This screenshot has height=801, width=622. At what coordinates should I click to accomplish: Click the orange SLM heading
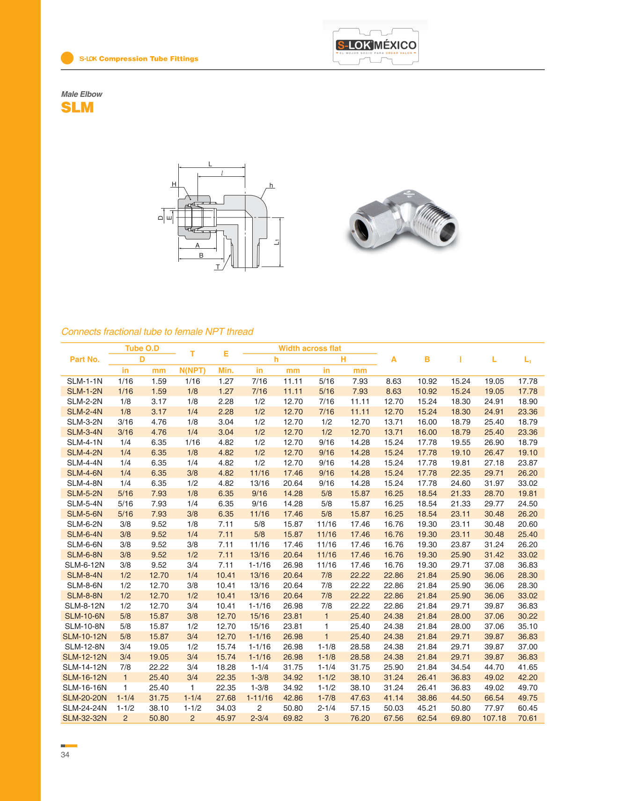pyautogui.click(x=77, y=108)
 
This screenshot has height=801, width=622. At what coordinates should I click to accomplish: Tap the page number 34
pyautogui.click(x=65, y=755)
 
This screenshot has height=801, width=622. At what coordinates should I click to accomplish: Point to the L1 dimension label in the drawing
pyautogui.click(x=277, y=242)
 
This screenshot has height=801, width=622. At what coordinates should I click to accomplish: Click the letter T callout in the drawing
pyautogui.click(x=218, y=267)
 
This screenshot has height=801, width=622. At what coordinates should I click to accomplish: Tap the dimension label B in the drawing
pyautogui.click(x=201, y=255)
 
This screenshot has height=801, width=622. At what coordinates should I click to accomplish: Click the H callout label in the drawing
pyautogui.click(x=174, y=184)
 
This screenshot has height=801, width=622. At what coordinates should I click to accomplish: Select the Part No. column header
pyautogui.click(x=85, y=359)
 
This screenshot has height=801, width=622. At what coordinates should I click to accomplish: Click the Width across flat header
pyautogui.click(x=310, y=348)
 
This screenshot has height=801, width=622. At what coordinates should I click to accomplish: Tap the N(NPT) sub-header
pyautogui.click(x=192, y=370)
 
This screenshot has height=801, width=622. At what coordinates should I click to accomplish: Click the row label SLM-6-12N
pyautogui.click(x=85, y=565)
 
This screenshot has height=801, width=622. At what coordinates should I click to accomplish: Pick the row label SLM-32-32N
pyautogui.click(x=85, y=718)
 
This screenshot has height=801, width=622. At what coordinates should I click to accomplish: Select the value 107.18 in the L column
pyautogui.click(x=494, y=718)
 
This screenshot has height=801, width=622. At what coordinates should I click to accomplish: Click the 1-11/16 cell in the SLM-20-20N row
pyautogui.click(x=260, y=698)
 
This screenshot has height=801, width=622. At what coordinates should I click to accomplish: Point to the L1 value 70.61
pyautogui.click(x=527, y=718)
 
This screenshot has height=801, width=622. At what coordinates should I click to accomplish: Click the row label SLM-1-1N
pyautogui.click(x=85, y=381)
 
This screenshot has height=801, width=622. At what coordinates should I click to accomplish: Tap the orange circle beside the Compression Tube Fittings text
pyautogui.click(x=67, y=58)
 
